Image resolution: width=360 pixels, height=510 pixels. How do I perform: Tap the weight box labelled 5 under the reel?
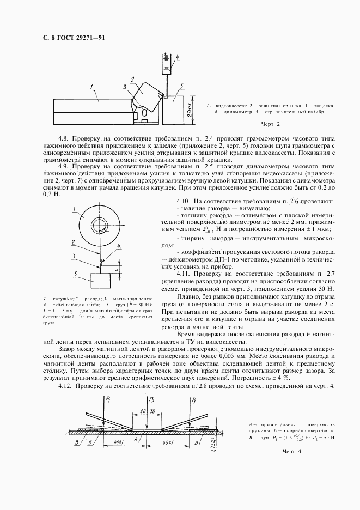point(100,281)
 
